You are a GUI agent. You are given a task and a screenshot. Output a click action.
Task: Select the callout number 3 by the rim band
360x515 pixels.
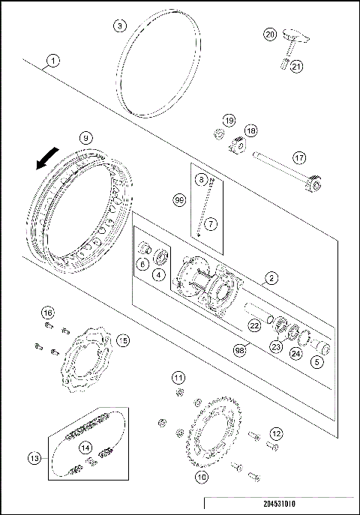(x=120, y=25)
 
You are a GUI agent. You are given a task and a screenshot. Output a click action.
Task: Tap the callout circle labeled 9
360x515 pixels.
(x=86, y=138)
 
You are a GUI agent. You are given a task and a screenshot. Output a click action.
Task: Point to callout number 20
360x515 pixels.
(x=271, y=34)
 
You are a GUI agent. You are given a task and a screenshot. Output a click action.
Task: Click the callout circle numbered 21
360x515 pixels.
(x=296, y=67)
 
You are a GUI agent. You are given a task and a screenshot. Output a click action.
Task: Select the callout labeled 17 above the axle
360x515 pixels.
(x=300, y=158)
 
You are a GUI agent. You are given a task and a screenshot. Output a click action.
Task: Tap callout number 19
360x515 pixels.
(x=229, y=120)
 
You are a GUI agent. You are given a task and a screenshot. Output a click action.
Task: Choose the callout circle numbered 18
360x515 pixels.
(x=250, y=130)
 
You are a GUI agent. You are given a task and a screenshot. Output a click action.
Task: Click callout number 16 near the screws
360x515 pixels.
(x=48, y=312)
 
